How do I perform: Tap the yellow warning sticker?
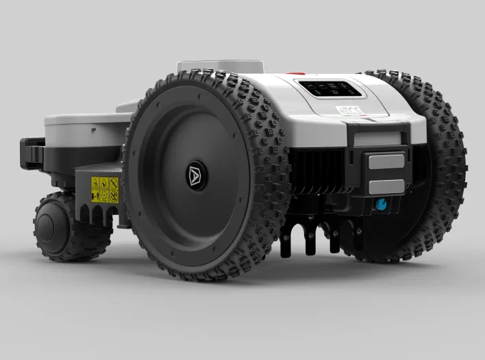[x=105, y=190]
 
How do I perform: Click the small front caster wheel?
[x=65, y=227]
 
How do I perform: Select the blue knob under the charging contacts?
[x=379, y=204]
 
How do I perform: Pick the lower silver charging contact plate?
[x=386, y=185]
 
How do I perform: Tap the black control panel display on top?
[x=329, y=88]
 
